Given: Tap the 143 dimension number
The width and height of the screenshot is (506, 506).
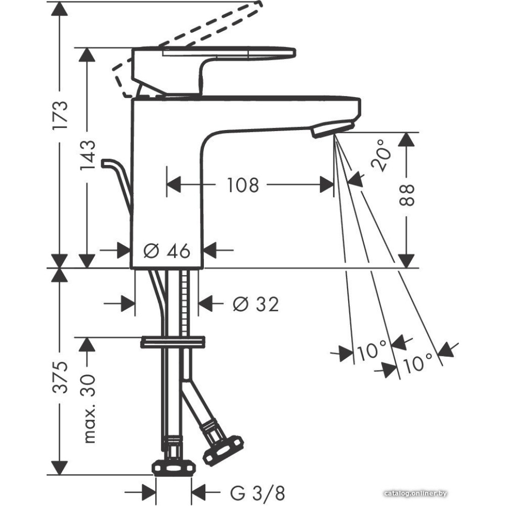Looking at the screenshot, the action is tap(88, 155).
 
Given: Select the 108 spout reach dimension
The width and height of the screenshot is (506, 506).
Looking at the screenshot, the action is tap(243, 185).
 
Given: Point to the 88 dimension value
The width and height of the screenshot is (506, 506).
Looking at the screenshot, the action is tap(406, 195).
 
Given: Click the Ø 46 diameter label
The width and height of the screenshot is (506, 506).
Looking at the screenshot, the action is tap(166, 250).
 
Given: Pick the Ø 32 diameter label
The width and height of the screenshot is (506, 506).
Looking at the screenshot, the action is tap(256, 304).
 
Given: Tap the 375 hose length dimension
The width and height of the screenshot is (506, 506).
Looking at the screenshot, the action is tap(61, 377).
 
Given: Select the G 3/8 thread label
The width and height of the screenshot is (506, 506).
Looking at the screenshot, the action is tap(258, 493).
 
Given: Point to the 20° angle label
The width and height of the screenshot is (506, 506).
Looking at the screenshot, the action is tap(381, 155).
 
